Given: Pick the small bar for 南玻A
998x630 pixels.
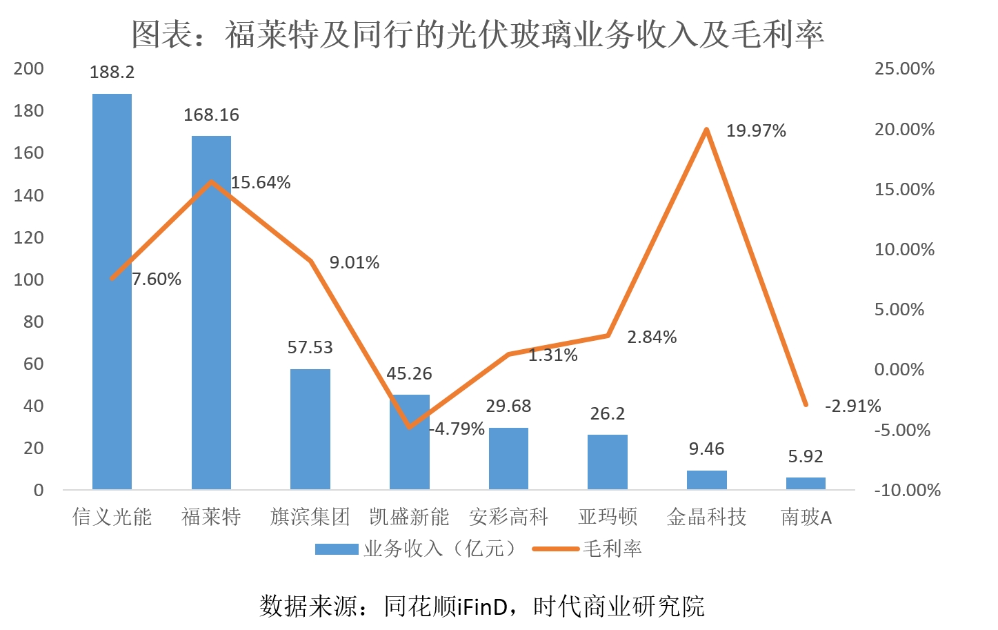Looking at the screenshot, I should coord(806,483).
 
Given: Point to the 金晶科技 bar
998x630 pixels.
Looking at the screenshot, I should coord(706,480).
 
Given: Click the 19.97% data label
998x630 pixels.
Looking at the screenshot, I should coord(756,131).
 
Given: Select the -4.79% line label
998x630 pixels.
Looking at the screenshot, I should coord(457,429).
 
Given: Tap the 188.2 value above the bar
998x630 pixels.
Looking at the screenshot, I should coord(112,72).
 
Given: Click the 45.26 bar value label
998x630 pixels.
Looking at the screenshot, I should coord(409,374).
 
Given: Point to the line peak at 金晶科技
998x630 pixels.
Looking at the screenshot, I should coord(706,130).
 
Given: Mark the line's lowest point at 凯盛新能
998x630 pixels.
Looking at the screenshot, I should coord(410,427).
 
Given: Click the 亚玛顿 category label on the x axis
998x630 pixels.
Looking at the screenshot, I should coord(608,517).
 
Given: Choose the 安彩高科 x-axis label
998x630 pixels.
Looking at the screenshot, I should coord(508,517).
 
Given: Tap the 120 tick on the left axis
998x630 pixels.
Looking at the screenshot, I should coord(28,237).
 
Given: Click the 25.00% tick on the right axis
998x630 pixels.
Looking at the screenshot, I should coord(904,69).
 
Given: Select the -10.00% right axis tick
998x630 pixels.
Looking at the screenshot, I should coord(907,490).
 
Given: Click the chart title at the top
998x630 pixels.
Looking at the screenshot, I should coord(477,35).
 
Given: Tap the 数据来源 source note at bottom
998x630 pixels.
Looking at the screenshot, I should coord(481,606).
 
